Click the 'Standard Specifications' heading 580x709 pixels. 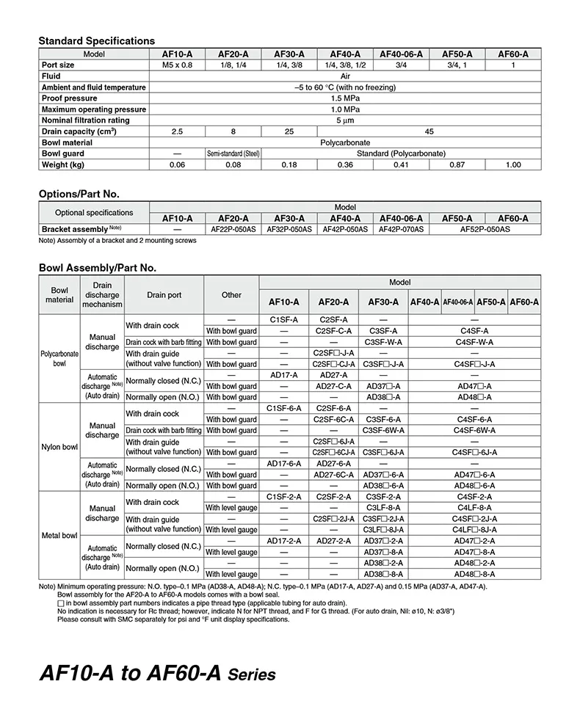(x=96, y=41)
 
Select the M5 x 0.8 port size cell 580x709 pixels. (x=177, y=65)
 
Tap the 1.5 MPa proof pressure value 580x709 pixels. (x=345, y=98)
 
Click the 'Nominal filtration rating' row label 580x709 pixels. (x=85, y=120)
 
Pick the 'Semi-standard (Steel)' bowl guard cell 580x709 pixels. (x=233, y=154)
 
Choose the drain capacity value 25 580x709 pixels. (x=289, y=131)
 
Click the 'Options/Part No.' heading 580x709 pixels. (x=79, y=194)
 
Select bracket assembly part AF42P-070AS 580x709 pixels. (x=400, y=229)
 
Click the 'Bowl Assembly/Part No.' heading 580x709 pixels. (x=97, y=269)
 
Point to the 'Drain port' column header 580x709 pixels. (x=164, y=295)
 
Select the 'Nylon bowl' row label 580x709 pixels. (x=59, y=447)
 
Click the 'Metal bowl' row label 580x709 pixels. (x=59, y=535)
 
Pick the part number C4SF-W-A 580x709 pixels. (x=474, y=342)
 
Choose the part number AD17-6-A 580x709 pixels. (x=283, y=463)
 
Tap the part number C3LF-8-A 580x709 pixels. (x=383, y=507)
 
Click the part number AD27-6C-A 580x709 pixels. (x=333, y=474)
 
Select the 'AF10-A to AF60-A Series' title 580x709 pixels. (x=156, y=673)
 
